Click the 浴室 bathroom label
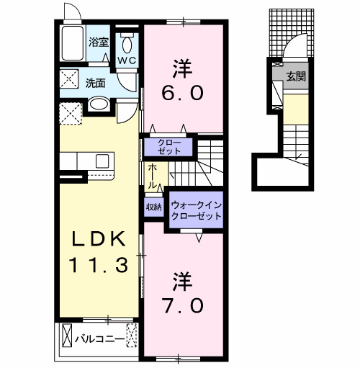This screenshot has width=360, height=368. [98, 42]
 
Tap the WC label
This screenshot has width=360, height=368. [127, 60]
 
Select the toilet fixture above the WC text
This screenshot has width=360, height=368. [127, 40]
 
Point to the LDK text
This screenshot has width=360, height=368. [99, 239]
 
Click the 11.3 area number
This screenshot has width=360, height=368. [99, 265]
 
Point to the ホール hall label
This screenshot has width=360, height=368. [153, 176]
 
